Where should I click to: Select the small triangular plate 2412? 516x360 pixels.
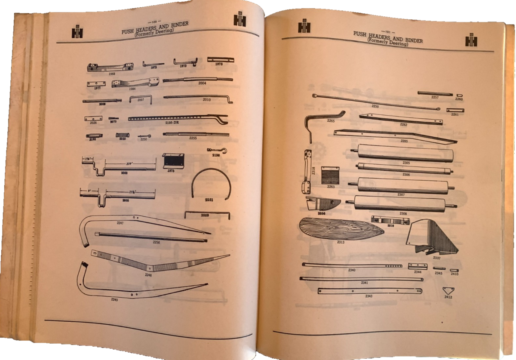448,290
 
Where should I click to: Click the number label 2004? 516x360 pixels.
202,83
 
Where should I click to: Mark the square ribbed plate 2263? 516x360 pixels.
330,175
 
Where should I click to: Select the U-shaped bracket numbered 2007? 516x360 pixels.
141,100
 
